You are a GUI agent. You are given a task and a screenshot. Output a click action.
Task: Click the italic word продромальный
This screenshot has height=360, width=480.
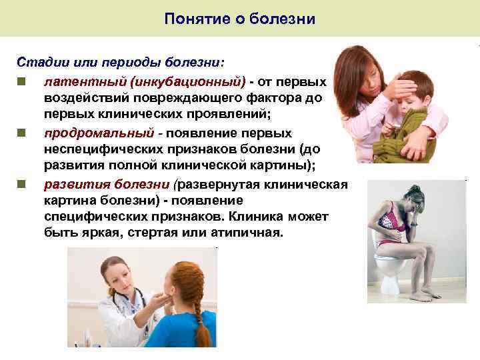99,133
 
